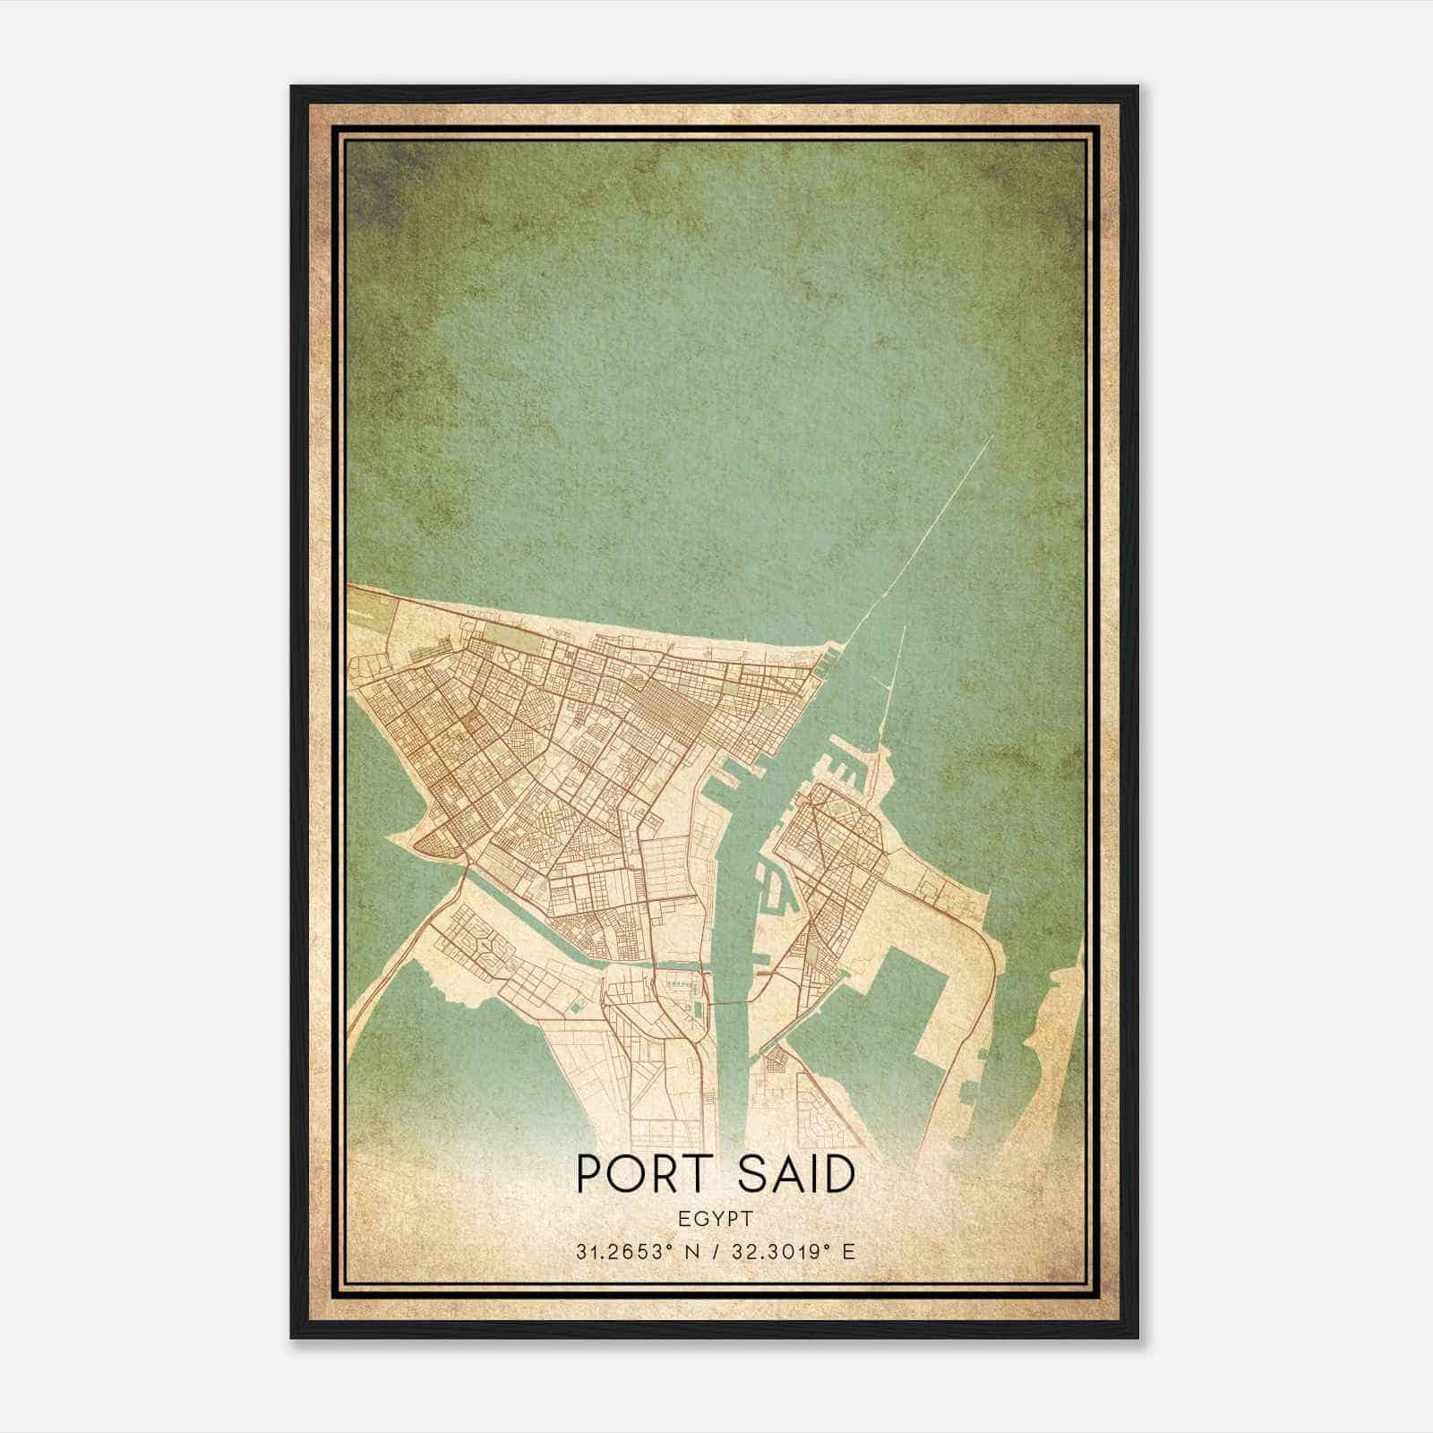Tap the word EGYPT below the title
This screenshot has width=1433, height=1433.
tap(716, 1219)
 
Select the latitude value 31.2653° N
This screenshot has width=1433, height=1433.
tap(638, 1251)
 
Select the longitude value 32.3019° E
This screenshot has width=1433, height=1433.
tap(793, 1251)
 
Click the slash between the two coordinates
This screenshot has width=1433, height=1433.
tap(716, 1251)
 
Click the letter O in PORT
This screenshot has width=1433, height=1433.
tap(627, 1175)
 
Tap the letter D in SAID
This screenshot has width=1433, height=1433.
tap(838, 1175)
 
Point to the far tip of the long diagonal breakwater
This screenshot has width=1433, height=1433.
tap(992, 436)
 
